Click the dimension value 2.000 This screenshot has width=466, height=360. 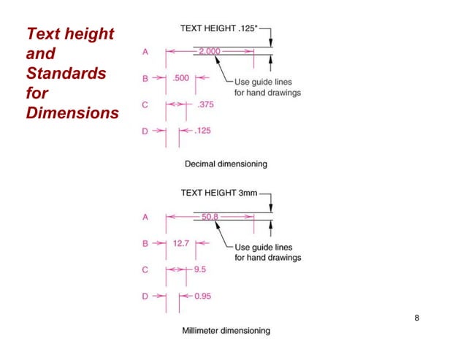[x=211, y=52]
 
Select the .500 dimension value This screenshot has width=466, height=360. [x=183, y=77]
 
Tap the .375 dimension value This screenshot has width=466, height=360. [x=205, y=104]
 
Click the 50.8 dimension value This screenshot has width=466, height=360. [x=211, y=216]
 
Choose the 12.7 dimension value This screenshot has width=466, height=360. [x=182, y=242]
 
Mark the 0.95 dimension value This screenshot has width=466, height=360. [x=205, y=296]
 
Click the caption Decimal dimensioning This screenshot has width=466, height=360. [x=226, y=164]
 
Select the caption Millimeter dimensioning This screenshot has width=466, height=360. [x=226, y=330]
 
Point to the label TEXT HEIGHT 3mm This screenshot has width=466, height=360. [x=217, y=193]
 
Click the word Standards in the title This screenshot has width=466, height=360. [x=66, y=74]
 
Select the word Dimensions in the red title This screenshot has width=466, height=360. [x=72, y=114]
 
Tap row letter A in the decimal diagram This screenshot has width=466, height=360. [x=145, y=52]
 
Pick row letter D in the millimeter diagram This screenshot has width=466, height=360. [x=145, y=296]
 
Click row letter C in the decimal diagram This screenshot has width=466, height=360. [x=145, y=104]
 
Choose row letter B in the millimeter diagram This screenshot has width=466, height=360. [x=145, y=242]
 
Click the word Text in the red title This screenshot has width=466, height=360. [x=44, y=34]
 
